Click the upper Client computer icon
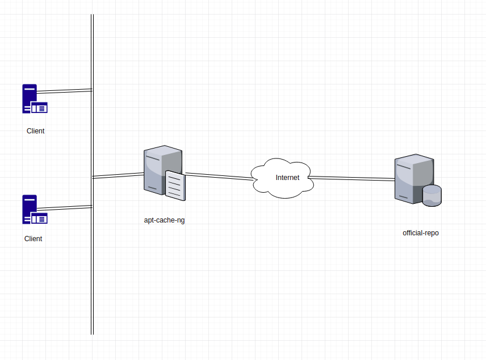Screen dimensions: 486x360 [x=34, y=98]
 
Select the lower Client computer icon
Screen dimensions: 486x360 [x=34, y=209]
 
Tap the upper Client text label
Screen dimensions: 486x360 [x=36, y=131]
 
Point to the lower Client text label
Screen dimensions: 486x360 [x=33, y=239]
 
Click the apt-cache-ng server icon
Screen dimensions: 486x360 [x=165, y=172]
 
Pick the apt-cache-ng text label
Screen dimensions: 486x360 [x=164, y=220]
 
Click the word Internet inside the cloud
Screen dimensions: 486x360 [x=288, y=178]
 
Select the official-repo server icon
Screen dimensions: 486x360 [x=418, y=180]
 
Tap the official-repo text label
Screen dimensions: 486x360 [x=421, y=233]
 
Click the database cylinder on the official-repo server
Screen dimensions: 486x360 [x=432, y=196]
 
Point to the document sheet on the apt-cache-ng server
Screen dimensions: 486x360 [x=175, y=185]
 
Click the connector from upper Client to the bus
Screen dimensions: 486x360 [x=65, y=91]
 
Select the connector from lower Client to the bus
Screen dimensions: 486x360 [x=65, y=207]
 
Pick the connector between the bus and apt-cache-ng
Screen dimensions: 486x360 [x=118, y=175]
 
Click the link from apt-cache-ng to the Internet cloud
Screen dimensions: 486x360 [x=219, y=176]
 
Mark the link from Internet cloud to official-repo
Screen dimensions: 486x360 [x=352, y=178]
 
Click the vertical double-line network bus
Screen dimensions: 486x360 [x=92, y=174]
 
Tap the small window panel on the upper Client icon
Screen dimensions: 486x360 [x=40, y=108]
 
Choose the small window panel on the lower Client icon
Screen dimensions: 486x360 [x=40, y=219]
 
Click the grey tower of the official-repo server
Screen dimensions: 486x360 [x=414, y=179]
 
